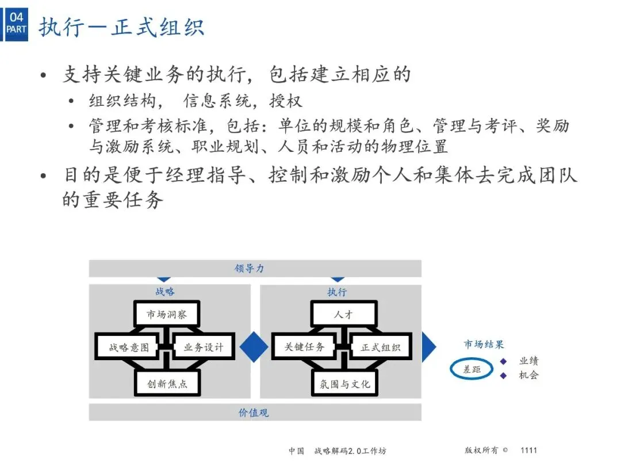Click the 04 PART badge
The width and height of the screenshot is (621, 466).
(16, 24)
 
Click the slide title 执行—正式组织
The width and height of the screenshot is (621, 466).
(121, 27)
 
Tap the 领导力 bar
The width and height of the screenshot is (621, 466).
(255, 269)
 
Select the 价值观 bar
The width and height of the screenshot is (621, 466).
(255, 412)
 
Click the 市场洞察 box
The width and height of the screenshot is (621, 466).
(167, 315)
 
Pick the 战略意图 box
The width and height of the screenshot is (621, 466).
(129, 347)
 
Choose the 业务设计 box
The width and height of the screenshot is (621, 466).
(203, 347)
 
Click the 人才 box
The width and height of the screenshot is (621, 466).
(344, 315)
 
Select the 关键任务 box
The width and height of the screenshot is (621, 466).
(305, 347)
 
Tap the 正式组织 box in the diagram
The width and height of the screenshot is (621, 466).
(380, 347)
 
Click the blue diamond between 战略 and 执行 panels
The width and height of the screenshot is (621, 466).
(254, 347)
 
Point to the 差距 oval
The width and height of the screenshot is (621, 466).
(471, 369)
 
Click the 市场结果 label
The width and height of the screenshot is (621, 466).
(484, 345)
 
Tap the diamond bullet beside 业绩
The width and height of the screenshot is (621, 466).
(503, 361)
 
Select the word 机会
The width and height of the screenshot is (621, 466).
(528, 376)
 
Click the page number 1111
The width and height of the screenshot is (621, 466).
(528, 450)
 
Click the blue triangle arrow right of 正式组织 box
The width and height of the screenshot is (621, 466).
(428, 347)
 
